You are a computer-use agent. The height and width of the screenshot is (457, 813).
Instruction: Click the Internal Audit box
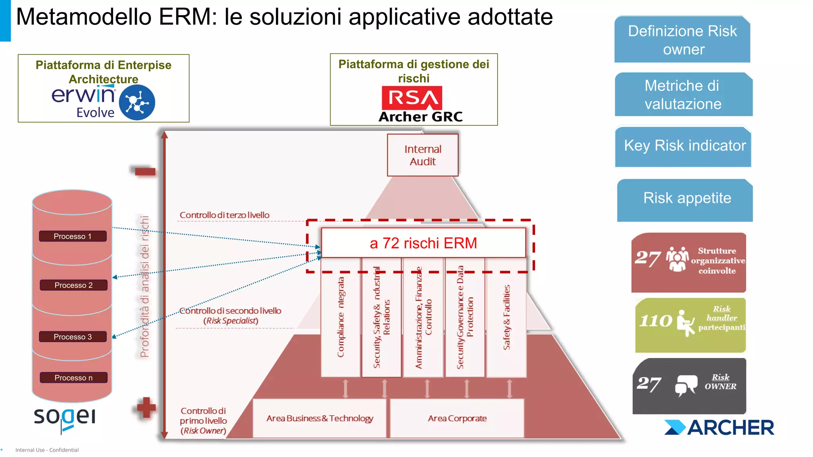coord(422,155)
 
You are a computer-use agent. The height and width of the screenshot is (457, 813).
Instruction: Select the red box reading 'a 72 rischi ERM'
coord(423,243)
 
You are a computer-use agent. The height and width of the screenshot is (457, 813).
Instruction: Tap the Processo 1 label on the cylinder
coord(73,236)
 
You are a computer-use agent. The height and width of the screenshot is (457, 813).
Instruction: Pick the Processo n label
coord(73,378)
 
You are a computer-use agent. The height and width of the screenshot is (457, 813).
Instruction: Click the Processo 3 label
coord(73,337)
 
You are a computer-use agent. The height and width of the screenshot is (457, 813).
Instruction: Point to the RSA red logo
coord(412,98)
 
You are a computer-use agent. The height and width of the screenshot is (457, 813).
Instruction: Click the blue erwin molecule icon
coord(137,102)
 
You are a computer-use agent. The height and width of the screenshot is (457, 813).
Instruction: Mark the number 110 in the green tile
coord(655,321)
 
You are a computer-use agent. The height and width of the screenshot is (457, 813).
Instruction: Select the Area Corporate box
coord(457,418)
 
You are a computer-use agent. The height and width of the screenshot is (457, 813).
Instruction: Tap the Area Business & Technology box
coord(320,418)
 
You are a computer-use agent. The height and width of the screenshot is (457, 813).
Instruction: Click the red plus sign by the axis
coord(146,407)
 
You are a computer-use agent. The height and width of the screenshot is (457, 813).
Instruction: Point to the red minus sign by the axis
coord(145,171)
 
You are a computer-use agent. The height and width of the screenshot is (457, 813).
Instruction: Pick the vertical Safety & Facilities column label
coord(507,317)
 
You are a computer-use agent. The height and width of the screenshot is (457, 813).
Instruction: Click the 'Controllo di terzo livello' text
coord(224,215)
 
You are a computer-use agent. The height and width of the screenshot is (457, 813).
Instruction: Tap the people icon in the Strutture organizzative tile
coord(677,259)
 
